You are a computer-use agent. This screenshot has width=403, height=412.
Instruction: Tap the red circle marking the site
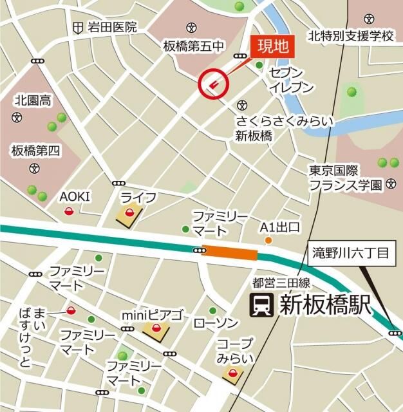[214, 82]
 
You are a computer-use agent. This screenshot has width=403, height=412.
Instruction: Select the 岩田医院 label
[113, 27]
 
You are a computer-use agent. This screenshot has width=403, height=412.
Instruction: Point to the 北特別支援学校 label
[350, 35]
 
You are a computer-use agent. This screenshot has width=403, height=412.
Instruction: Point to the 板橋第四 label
[35, 152]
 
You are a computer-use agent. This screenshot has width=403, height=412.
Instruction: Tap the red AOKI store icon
[69, 211]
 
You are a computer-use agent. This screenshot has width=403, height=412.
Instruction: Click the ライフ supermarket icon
[129, 214]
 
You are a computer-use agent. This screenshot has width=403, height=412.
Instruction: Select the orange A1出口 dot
[268, 241]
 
